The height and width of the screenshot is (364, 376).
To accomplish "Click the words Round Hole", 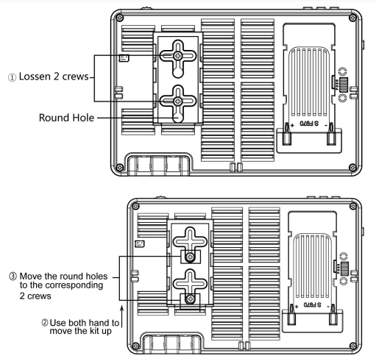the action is click(66, 118).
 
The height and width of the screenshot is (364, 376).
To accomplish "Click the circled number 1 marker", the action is click(12, 77).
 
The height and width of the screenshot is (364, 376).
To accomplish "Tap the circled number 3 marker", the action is click(13, 276).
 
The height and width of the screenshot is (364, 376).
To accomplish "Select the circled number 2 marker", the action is click(44, 322).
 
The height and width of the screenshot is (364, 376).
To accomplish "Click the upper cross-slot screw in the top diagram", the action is click(178, 56).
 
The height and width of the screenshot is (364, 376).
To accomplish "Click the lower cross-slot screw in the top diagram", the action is click(178, 101).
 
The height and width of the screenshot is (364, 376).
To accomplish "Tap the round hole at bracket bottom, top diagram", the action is click(178, 118).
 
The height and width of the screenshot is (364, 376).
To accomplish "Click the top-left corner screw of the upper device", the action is click(120, 18).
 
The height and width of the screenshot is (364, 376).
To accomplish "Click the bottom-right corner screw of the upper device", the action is click(352, 168).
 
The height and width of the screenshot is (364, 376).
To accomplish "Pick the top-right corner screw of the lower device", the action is click(353, 206).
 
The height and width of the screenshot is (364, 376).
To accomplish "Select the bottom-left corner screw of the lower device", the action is click(135, 346).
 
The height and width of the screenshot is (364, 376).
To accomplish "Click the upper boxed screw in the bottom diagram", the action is click(190, 257).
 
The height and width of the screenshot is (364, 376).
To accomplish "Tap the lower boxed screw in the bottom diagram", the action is click(190, 299).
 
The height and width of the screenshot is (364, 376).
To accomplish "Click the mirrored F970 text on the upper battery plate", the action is click(309, 124).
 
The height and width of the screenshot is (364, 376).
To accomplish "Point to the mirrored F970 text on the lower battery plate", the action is click(312, 304).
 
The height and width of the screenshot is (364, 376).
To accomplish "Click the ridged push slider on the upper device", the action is click(344, 85).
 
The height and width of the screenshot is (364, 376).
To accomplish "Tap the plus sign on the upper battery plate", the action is click(292, 125).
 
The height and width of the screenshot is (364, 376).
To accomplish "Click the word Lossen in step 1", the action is click(35, 76).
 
